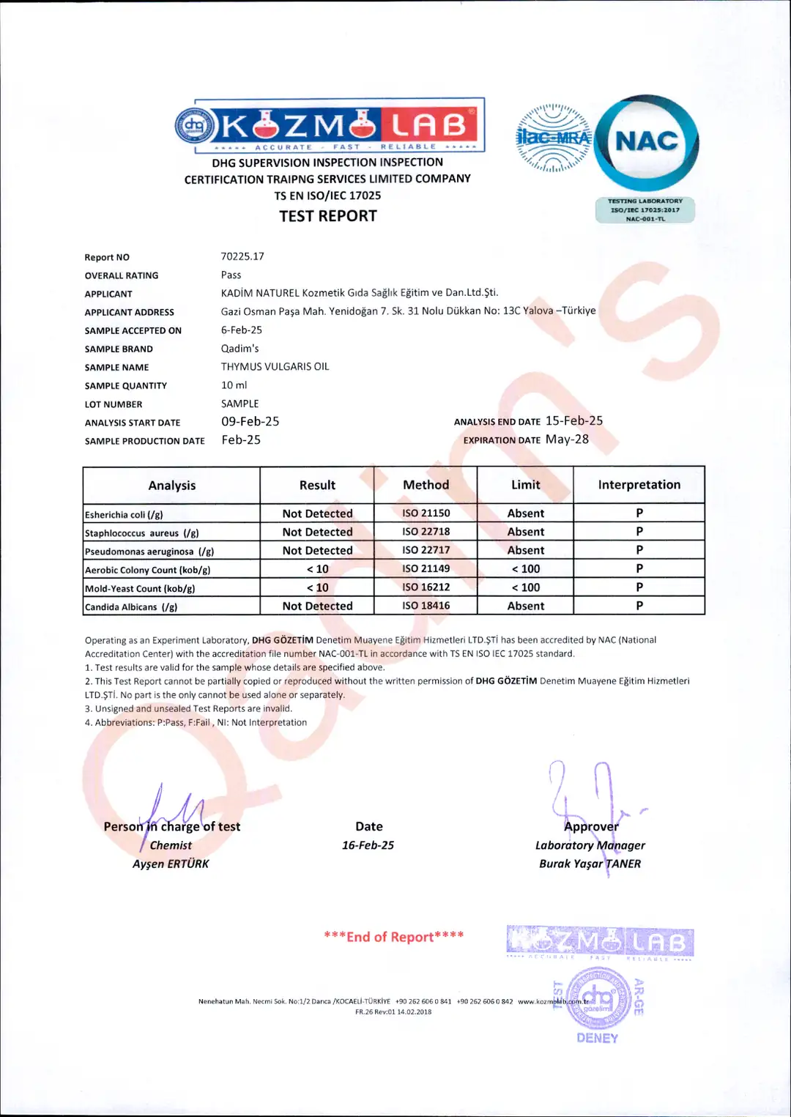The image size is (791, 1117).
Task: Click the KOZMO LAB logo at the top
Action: [330, 125]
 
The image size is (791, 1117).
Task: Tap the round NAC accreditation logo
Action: [647, 141]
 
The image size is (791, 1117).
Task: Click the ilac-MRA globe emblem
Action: [553, 138]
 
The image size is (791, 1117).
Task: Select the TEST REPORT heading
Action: [328, 216]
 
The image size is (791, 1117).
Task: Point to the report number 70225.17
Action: [242, 256]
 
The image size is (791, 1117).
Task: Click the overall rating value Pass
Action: [231, 275]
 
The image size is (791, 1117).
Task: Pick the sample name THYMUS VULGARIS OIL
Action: [275, 366]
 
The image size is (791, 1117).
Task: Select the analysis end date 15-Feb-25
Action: [574, 420]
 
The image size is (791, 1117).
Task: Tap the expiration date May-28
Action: [567, 439]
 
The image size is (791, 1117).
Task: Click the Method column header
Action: [426, 485]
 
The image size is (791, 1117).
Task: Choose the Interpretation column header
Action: [639, 485]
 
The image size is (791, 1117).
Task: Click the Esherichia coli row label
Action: [124, 515]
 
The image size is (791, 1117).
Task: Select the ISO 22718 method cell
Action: [426, 532]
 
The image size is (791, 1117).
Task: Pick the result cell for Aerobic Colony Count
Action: [317, 569]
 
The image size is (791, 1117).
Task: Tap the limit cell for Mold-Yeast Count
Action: [525, 587]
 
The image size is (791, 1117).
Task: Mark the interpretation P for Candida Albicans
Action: [639, 606]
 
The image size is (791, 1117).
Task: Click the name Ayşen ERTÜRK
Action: [171, 864]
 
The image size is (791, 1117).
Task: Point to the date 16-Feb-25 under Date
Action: [368, 845]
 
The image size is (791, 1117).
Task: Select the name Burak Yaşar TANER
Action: [590, 864]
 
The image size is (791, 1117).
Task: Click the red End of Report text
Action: [393, 937]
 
